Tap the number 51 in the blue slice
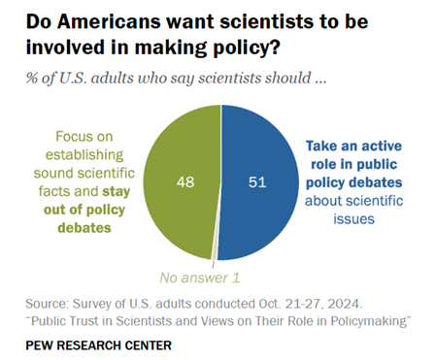tap(256, 181)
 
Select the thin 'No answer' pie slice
tap(215, 255)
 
